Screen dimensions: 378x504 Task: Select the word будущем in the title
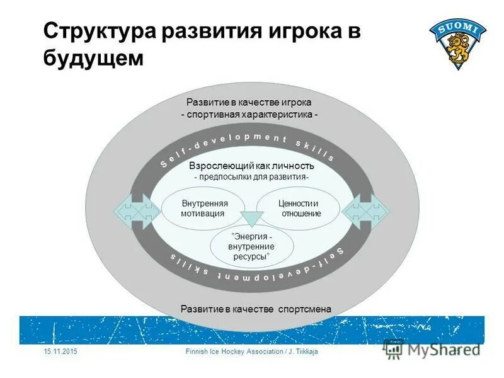pos(94,59)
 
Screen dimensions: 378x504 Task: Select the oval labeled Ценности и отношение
pos(299,209)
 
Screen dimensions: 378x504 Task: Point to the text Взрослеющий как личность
pos(251,166)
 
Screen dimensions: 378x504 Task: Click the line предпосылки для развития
pos(251,177)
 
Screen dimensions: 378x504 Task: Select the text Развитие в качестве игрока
pos(249,102)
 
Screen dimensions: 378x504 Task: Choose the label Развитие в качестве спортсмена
pos(255,308)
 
